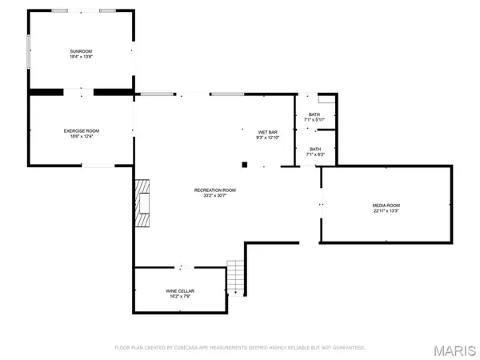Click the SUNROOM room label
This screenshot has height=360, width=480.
81,52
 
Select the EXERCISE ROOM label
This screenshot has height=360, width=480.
81,130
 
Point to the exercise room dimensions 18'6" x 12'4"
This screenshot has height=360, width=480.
81,137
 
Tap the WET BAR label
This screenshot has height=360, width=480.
267,131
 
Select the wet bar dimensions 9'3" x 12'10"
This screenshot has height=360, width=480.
267,138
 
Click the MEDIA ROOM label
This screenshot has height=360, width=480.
386,206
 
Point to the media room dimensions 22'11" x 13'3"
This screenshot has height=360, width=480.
386,212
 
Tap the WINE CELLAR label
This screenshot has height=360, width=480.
180,290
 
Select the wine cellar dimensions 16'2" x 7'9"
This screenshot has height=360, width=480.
180,297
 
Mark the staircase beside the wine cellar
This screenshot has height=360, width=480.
234,278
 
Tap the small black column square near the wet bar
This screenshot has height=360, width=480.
246,165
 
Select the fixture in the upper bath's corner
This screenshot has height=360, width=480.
326,100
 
